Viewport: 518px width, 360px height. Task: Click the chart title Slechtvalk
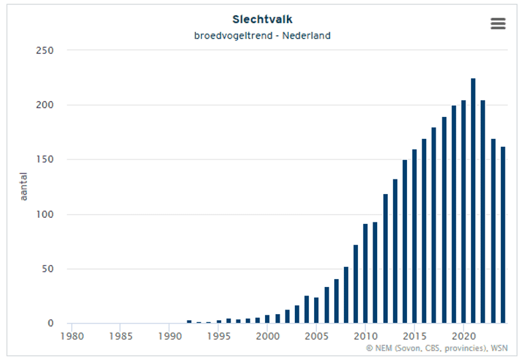262,20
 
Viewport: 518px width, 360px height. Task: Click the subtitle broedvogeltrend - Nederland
262,35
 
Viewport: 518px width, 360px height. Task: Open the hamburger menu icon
498,23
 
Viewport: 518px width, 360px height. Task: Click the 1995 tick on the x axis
218,336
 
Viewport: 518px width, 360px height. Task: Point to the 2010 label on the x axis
365,336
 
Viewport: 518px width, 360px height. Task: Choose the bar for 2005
316,311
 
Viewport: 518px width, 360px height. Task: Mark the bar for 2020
464,212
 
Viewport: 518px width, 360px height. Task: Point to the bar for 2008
346,296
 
